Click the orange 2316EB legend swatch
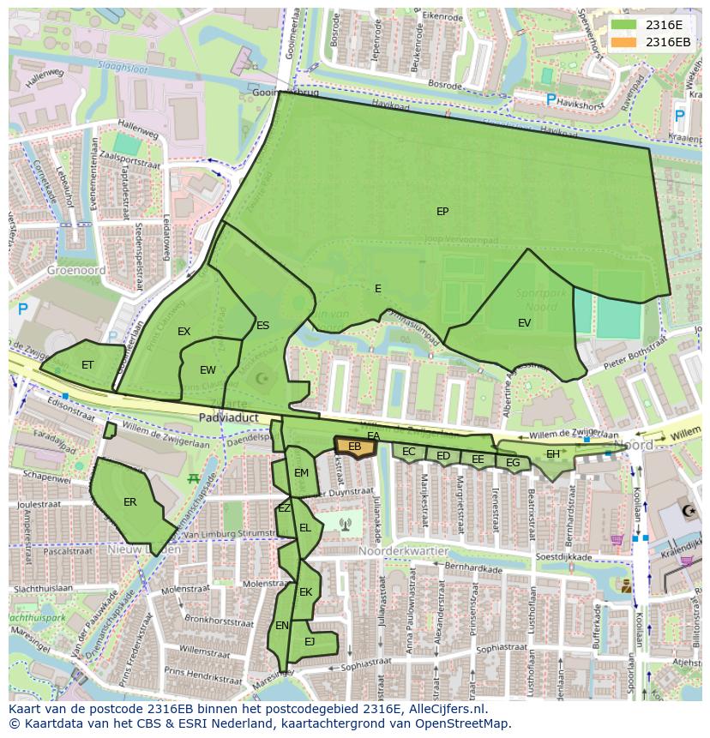click(x=624, y=42)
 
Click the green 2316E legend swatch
click(x=624, y=25)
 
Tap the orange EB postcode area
click(x=355, y=447)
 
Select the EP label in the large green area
click(x=442, y=212)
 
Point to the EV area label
click(x=524, y=323)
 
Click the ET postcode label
click(x=87, y=365)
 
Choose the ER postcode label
click(x=129, y=502)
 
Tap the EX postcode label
click(x=184, y=332)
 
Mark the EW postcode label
click(x=208, y=370)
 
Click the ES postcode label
click(x=262, y=326)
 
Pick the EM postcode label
click(x=301, y=473)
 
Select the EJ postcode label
click(x=310, y=641)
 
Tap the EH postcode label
click(x=553, y=454)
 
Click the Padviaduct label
click(x=228, y=417)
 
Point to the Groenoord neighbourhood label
click(x=76, y=269)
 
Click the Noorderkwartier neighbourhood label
click(x=393, y=551)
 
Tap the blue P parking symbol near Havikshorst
click(x=551, y=100)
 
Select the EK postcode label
click(x=305, y=592)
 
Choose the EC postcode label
click(x=409, y=452)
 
